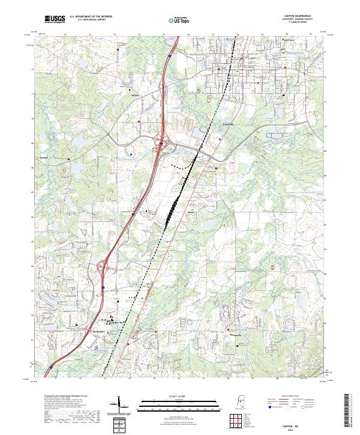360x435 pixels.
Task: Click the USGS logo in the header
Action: click(55, 20)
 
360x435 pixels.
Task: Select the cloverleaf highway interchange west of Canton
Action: click(161, 144)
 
